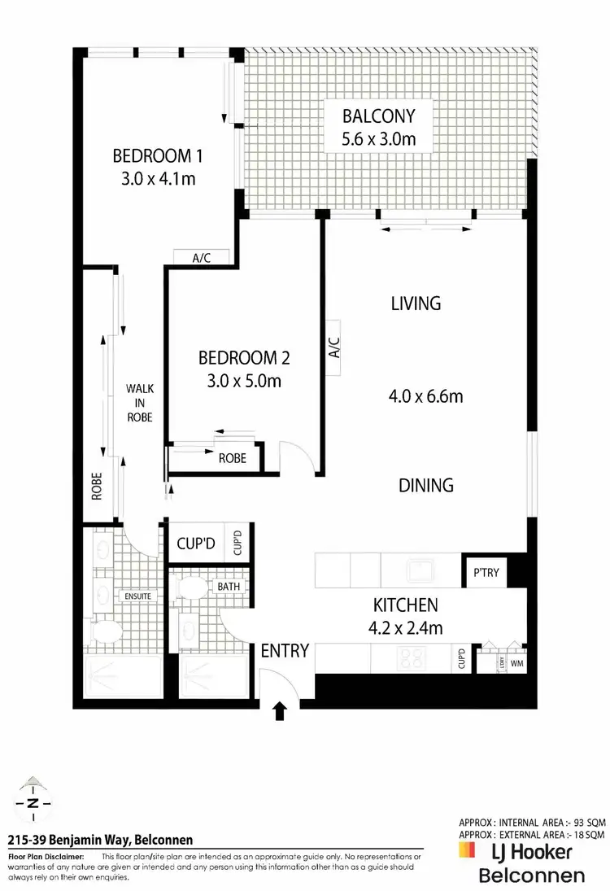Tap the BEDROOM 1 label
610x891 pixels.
157,155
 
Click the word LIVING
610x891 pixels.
416,304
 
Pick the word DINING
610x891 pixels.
425,485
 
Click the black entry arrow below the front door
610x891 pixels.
280,712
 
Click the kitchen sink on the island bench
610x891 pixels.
423,570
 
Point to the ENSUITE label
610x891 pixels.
139,596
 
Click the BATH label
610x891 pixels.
227,586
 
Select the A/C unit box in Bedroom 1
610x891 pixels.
201,258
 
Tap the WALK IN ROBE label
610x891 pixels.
138,403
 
